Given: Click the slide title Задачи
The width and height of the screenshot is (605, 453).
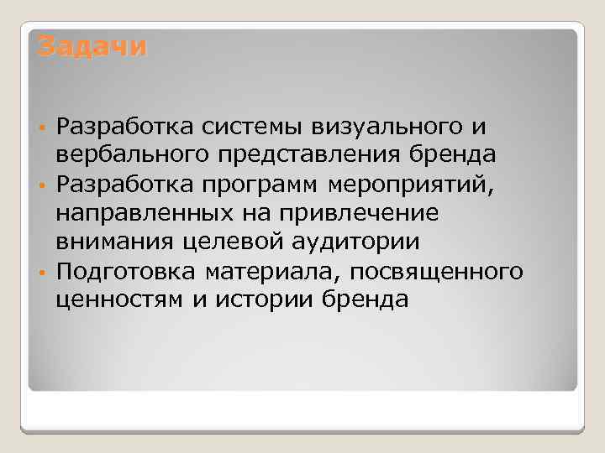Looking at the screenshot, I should click(x=92, y=45).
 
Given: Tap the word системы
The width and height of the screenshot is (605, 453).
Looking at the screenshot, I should click(x=255, y=127).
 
